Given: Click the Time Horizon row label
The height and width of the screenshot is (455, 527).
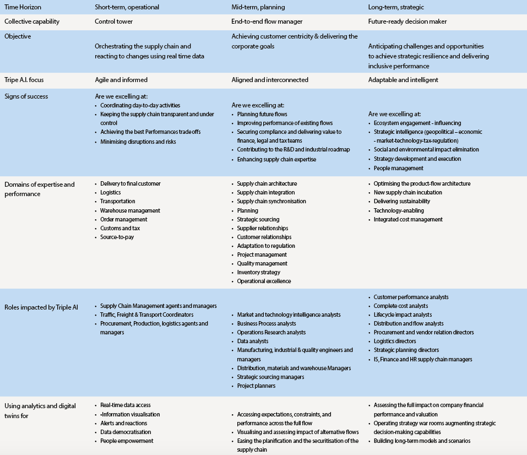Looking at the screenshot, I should click(23, 7).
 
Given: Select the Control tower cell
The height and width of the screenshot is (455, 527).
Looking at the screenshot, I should click(114, 21).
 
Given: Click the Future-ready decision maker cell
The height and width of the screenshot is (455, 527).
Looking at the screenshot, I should click(408, 21).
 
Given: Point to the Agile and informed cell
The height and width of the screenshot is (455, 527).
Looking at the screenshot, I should click(121, 80).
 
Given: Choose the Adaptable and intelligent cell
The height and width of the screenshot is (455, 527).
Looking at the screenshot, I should click(403, 80).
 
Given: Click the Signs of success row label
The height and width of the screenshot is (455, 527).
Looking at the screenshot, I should click(26, 96).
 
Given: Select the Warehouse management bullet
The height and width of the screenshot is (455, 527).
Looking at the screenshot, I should click(130, 210).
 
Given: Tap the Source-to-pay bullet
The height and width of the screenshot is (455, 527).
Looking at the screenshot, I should click(117, 237).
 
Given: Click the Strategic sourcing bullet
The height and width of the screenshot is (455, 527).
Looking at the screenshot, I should click(258, 219).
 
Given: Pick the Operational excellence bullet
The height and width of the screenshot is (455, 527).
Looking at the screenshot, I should click(264, 281).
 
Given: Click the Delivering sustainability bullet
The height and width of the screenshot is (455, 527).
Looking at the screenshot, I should click(402, 201).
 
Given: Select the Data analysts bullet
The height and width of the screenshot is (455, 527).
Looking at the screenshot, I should click(253, 341).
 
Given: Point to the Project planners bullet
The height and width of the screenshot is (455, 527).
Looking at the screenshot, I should click(256, 386).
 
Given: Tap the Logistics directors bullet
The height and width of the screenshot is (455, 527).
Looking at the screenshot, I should click(395, 341).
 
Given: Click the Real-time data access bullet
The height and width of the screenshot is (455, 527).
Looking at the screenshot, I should click(125, 405).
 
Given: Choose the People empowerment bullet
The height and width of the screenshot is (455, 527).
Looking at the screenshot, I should click(127, 441).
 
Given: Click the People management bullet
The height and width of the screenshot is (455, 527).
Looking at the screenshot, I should click(398, 168).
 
